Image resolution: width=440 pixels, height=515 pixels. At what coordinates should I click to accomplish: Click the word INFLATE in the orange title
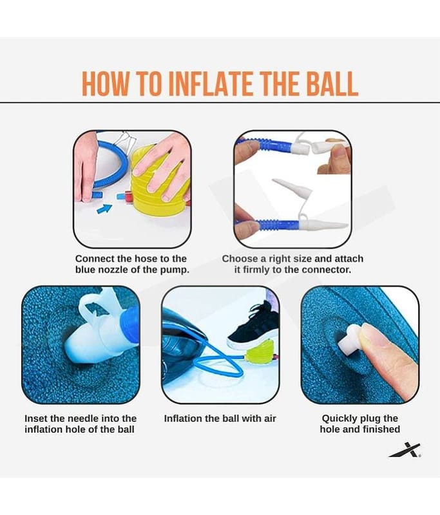click(213, 84)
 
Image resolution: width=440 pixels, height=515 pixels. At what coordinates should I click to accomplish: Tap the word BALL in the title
click(332, 84)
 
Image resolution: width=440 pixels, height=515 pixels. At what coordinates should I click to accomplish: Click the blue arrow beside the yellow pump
click(104, 208)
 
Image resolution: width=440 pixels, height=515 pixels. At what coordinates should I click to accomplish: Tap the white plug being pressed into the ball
click(349, 339)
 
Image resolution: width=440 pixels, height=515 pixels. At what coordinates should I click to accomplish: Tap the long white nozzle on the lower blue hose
click(323, 224)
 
